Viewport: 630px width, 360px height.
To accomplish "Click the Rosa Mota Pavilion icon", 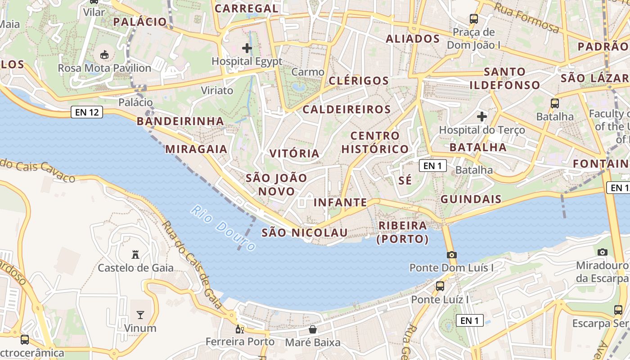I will pyautogui.click(x=104, y=54).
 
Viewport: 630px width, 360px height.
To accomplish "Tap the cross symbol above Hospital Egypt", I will pyautogui.click(x=247, y=48).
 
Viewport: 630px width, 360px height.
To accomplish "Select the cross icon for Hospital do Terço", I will pyautogui.click(x=482, y=117).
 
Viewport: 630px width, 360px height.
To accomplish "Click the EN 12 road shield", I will pyautogui.click(x=87, y=112).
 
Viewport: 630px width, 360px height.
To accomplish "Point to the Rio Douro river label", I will pyautogui.click(x=223, y=228).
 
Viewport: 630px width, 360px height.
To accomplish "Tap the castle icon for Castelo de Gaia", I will pyautogui.click(x=135, y=254).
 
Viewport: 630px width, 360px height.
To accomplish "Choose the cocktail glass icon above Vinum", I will pyautogui.click(x=140, y=315).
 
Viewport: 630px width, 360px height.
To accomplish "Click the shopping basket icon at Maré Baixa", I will pyautogui.click(x=313, y=329).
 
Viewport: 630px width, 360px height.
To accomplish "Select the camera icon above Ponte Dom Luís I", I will pyautogui.click(x=452, y=255).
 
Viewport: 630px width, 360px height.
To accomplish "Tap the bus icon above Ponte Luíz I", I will pyautogui.click(x=440, y=286).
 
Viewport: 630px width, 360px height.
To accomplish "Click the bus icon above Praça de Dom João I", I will pyautogui.click(x=473, y=19).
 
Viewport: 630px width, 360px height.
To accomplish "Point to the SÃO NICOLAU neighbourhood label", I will pyautogui.click(x=305, y=233).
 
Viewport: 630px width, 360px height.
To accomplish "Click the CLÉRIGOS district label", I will pyautogui.click(x=359, y=81).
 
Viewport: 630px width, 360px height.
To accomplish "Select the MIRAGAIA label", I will pyautogui.click(x=196, y=149).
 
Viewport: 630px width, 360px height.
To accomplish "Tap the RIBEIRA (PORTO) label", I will pyautogui.click(x=403, y=232).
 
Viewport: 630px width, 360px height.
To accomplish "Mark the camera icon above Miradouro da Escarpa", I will pyautogui.click(x=603, y=252).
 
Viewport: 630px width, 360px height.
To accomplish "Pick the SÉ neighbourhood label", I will pyautogui.click(x=405, y=180).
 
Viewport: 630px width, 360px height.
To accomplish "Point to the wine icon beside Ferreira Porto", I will pyautogui.click(x=240, y=329).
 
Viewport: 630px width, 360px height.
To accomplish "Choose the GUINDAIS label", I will pyautogui.click(x=471, y=199).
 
